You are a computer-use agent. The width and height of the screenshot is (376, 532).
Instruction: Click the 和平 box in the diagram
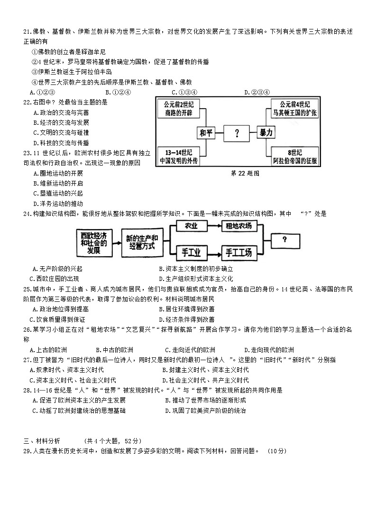[206, 133]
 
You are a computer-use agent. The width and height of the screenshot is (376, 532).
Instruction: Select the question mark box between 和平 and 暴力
[237, 133]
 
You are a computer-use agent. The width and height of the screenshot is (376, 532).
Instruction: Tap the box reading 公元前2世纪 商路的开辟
[181, 109]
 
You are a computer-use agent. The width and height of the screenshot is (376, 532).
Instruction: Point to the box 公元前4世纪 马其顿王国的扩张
[294, 109]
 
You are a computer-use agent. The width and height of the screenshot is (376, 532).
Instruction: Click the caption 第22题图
[245, 174]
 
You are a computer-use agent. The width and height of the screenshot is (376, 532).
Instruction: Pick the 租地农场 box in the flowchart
[238, 226]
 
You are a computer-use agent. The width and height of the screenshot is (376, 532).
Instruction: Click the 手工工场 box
[238, 252]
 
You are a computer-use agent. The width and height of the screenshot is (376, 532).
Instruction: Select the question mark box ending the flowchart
[284, 240]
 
